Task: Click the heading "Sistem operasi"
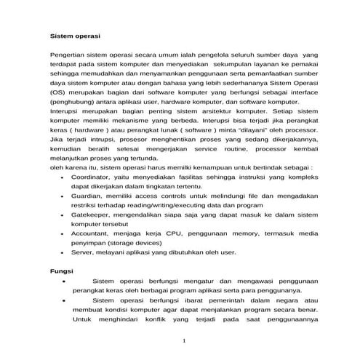pos(75,36)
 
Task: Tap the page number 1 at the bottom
pos(185,341)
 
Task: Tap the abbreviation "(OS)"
pos(61,94)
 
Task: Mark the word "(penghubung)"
pos(76,103)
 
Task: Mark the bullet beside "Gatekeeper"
pos(65,216)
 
